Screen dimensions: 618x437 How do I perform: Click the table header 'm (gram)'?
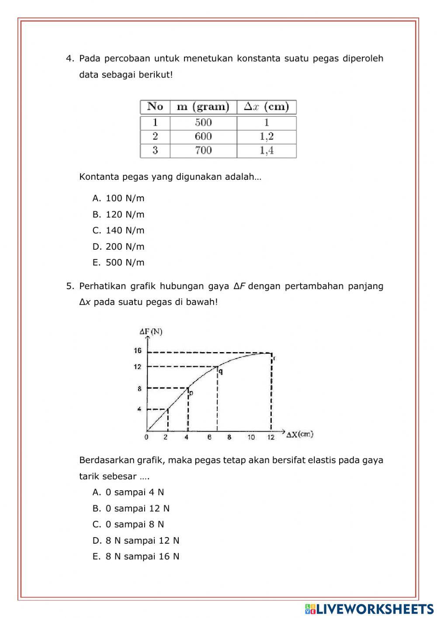tap(203, 107)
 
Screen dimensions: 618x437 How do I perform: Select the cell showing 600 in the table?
tap(203, 136)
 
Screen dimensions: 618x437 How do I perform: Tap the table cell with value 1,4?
tap(267, 151)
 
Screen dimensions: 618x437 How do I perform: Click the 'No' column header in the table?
tap(155, 107)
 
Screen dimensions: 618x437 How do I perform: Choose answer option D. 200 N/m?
tap(118, 247)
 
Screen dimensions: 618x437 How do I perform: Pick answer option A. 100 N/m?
tap(118, 199)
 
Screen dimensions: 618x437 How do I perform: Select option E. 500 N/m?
tap(118, 263)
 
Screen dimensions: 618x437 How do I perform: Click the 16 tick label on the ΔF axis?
tap(138, 351)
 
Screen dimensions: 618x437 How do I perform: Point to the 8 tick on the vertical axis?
tap(139, 388)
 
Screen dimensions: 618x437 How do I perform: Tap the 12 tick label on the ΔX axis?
tap(271, 437)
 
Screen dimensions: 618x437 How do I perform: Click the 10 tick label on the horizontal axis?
tap(251, 437)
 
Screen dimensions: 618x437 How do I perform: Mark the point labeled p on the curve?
tap(188, 388)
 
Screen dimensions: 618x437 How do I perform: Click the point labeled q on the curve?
tap(218, 367)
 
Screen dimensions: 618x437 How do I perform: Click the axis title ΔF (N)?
tap(151, 332)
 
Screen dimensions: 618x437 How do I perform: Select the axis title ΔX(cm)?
tap(300, 434)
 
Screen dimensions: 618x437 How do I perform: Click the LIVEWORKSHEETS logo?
tap(369, 609)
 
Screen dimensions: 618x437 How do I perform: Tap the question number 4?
tap(69, 59)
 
